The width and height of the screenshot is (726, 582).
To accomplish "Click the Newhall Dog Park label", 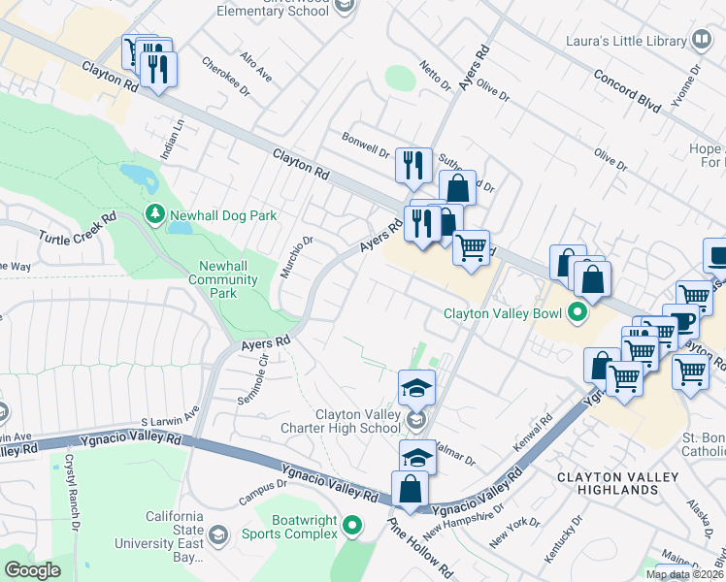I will tap(223, 215).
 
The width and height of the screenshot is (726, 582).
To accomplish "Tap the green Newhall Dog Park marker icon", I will tap(153, 213).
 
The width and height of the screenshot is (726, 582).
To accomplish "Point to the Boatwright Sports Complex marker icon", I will tap(351, 527).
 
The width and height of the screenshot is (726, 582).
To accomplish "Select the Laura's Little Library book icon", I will tap(702, 40).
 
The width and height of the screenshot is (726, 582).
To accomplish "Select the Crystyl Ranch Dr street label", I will tap(72, 504).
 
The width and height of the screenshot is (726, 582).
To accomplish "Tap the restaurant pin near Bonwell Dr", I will tap(413, 164).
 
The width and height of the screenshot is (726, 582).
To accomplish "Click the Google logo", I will tap(32, 569).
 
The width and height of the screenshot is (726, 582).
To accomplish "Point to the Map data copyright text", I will tap(685, 574).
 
